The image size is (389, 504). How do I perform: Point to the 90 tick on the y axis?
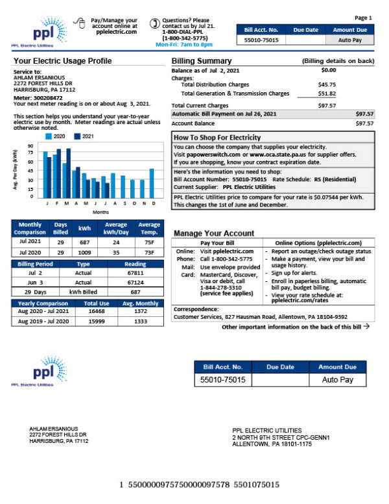click(x=31, y=146)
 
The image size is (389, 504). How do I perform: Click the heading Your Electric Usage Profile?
click(x=62, y=61)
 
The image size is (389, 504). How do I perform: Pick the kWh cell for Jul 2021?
click(x=84, y=241)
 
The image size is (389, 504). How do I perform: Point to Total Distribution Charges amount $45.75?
click(x=327, y=84)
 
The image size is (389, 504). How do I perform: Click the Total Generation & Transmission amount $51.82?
click(x=327, y=94)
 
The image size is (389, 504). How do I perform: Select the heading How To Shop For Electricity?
click(x=217, y=138)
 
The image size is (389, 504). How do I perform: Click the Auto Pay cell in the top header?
click(x=354, y=40)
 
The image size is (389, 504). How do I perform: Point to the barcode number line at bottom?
click(x=199, y=485)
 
